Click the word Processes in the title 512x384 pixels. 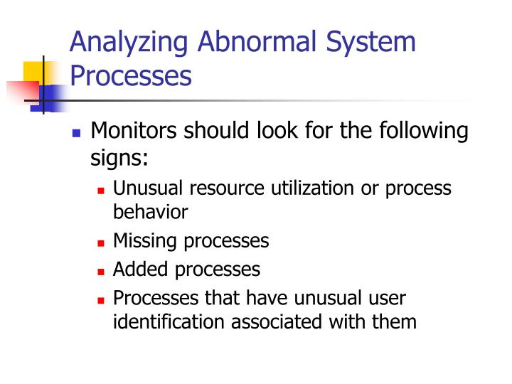[x=131, y=75]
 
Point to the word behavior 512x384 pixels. [x=150, y=211]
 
